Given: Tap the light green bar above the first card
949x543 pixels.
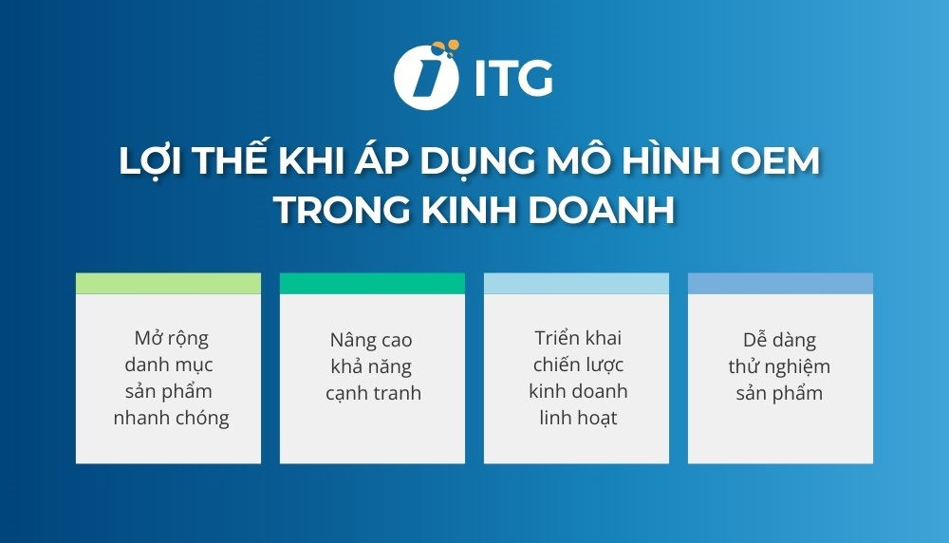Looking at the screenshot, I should [168, 283].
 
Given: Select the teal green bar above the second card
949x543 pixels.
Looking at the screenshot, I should [372, 283].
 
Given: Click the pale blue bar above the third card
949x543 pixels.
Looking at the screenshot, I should [576, 283].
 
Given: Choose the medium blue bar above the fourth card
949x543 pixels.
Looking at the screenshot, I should [780, 283].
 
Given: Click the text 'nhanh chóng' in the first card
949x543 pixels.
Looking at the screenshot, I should [171, 418].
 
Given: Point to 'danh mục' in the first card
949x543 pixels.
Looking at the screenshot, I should [169, 365].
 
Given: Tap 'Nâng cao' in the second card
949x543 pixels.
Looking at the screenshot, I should [371, 340].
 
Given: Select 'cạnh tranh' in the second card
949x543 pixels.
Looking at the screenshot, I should [372, 392].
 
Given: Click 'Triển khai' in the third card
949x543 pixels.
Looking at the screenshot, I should [577, 338].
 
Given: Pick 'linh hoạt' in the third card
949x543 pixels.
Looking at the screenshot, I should [576, 417].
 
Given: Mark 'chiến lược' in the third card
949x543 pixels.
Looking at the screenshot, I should [577, 365].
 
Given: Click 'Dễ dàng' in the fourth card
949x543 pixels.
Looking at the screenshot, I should [779, 340].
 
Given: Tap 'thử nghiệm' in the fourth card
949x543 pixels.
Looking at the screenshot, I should [779, 366].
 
